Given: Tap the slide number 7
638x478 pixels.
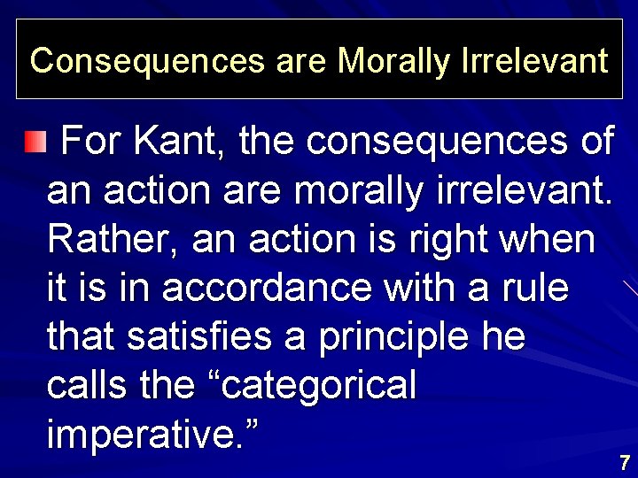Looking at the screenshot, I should (x=625, y=462).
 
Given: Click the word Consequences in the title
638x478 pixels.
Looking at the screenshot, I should (x=147, y=61).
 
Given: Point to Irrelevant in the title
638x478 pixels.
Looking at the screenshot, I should (x=535, y=61).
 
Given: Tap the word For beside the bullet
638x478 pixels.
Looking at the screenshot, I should (x=94, y=142).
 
